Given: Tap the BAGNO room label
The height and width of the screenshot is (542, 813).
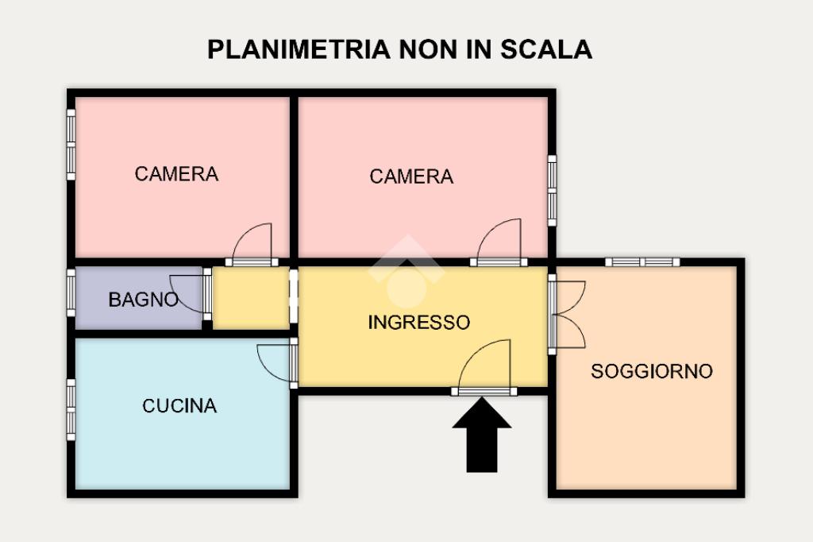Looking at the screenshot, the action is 143,300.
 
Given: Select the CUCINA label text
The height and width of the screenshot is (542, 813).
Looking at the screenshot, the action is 179,405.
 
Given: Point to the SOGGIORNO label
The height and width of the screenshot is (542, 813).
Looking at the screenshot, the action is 652,371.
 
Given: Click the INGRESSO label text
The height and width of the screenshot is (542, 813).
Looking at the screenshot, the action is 419,323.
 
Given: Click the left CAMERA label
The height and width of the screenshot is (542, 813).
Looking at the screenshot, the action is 176,174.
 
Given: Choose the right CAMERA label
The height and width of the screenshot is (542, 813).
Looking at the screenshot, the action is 411,176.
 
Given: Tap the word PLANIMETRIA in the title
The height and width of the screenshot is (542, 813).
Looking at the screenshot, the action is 299,49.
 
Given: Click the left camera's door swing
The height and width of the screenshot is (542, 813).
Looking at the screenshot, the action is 252,242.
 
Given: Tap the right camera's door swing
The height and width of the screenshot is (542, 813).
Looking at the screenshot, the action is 499,238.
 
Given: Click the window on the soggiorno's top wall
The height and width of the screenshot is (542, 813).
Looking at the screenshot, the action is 642,262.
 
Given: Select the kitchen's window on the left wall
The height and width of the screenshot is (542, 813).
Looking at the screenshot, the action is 71,410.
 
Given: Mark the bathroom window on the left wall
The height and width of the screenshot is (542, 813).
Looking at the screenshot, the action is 71,292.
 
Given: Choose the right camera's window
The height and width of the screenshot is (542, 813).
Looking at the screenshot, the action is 553,191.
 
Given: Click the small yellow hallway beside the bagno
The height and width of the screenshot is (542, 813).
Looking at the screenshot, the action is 251,298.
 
